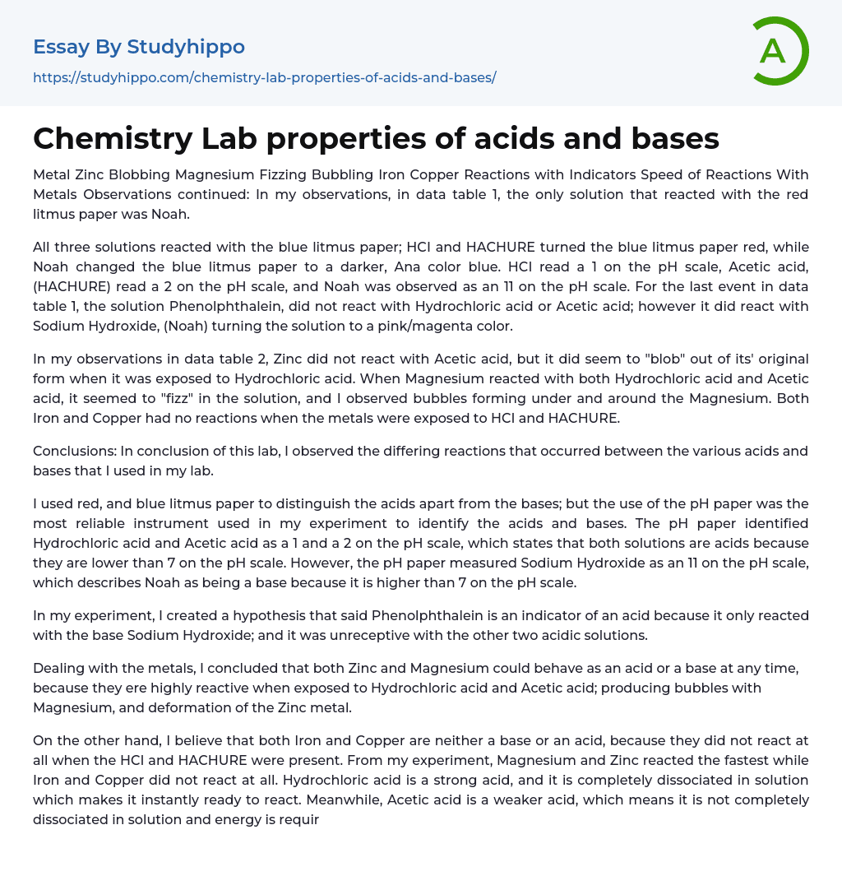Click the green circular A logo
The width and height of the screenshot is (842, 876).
[780, 51]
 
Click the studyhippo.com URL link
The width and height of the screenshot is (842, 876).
[264, 78]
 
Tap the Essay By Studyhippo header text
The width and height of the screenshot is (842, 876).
[139, 47]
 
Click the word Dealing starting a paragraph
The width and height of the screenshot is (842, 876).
[58, 668]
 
